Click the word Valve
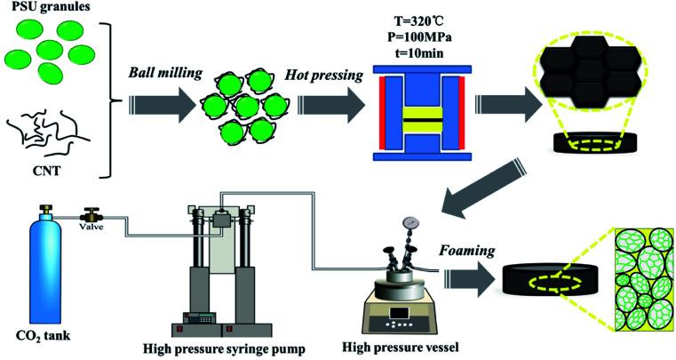91,226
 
